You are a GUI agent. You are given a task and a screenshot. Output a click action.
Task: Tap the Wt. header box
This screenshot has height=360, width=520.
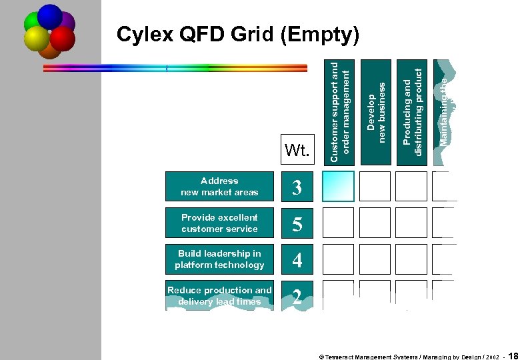point(297,151)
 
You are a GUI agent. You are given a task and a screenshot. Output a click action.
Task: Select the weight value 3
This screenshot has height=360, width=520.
point(297,187)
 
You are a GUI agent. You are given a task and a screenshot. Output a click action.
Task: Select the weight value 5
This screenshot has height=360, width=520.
point(297,224)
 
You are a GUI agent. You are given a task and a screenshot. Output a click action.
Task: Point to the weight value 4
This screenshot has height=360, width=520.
point(297,260)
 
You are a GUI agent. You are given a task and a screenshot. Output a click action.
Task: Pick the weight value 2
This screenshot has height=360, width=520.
point(297,297)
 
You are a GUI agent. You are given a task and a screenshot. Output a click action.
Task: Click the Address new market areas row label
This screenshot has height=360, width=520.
point(219,187)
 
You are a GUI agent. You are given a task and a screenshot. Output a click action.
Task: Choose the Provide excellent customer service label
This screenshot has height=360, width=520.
point(219,223)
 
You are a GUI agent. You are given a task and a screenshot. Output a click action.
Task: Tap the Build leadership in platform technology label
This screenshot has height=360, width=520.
point(219,259)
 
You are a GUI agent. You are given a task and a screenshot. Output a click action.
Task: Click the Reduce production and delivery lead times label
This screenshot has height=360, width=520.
point(219,295)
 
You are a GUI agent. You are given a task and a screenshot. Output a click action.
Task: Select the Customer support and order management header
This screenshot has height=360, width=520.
point(339,111)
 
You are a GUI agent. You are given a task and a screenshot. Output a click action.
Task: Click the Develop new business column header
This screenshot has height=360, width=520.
point(376,111)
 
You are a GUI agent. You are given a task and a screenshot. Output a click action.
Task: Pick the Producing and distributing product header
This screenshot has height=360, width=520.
point(413,111)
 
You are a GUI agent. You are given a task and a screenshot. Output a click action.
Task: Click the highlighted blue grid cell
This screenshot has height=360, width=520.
point(339,187)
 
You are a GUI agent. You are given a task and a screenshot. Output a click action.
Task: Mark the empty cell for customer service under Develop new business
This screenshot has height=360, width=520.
point(375,223)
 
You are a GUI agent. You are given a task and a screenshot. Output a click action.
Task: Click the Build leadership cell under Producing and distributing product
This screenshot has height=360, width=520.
point(411,259)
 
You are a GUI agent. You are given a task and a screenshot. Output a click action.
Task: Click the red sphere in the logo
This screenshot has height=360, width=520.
point(62,38)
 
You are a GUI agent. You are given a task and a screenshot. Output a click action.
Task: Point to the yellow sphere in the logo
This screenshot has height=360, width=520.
point(37,38)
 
